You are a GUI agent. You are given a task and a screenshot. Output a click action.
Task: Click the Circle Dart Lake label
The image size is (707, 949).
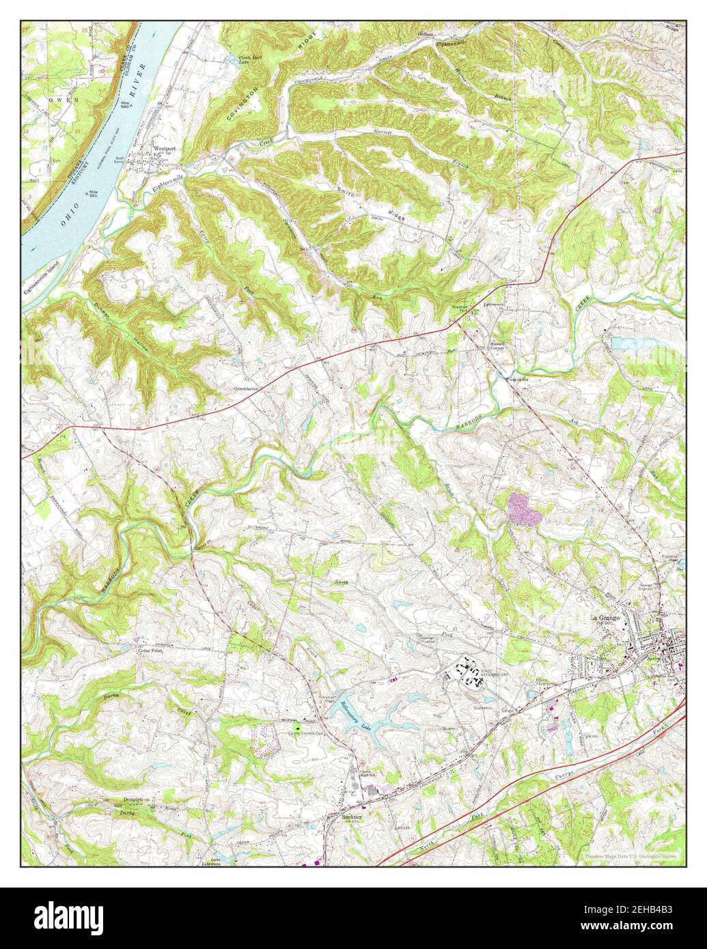click(x=247, y=59)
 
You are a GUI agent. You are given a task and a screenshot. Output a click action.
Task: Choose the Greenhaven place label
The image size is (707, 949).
click(x=245, y=388)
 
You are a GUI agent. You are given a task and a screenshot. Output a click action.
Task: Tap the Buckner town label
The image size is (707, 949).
click(x=351, y=816)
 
